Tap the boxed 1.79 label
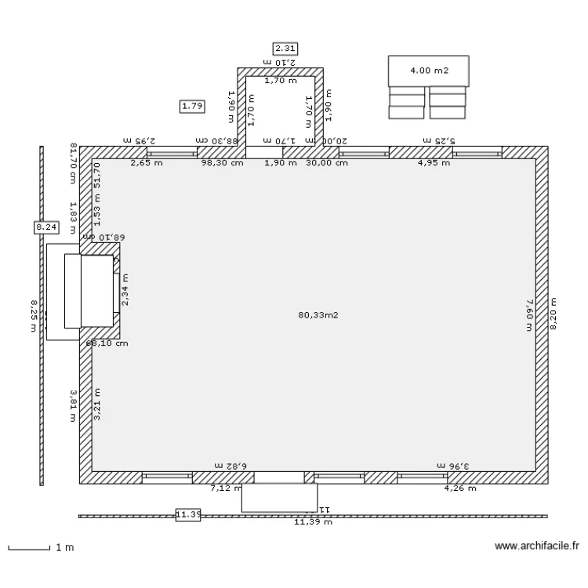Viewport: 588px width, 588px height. tap(192, 105)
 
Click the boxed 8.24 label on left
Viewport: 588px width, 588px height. tap(45, 227)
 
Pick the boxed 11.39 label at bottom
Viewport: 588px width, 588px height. tap(188, 514)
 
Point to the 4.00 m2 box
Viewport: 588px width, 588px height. tap(429, 71)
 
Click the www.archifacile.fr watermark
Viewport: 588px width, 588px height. tap(538, 546)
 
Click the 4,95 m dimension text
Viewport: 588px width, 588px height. tap(434, 163)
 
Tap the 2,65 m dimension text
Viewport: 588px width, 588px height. tap(146, 163)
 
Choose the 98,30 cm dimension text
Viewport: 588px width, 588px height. tap(222, 163)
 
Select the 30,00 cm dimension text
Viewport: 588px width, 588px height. tap(327, 163)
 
